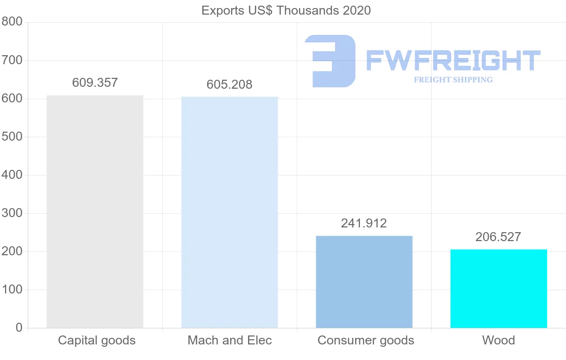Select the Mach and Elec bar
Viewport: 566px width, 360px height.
(230, 212)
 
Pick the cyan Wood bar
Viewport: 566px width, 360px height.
(499, 288)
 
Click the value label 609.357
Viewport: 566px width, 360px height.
(95, 83)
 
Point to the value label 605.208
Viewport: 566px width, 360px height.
(230, 84)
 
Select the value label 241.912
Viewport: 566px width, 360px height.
(364, 223)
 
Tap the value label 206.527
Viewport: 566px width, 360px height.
(499, 237)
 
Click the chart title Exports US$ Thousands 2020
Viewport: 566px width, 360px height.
(286, 10)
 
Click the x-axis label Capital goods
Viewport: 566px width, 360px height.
(97, 340)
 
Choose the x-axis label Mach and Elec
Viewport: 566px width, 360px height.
(230, 340)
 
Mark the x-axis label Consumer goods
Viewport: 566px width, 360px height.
(366, 340)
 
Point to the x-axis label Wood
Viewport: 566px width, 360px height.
(499, 340)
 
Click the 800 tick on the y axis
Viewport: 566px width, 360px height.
(12, 22)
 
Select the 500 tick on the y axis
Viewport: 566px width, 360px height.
(12, 137)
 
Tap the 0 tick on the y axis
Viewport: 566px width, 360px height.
(19, 327)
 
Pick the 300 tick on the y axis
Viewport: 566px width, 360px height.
(12, 213)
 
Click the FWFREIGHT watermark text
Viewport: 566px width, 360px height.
(453, 60)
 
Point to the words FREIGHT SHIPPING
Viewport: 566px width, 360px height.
(453, 80)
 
